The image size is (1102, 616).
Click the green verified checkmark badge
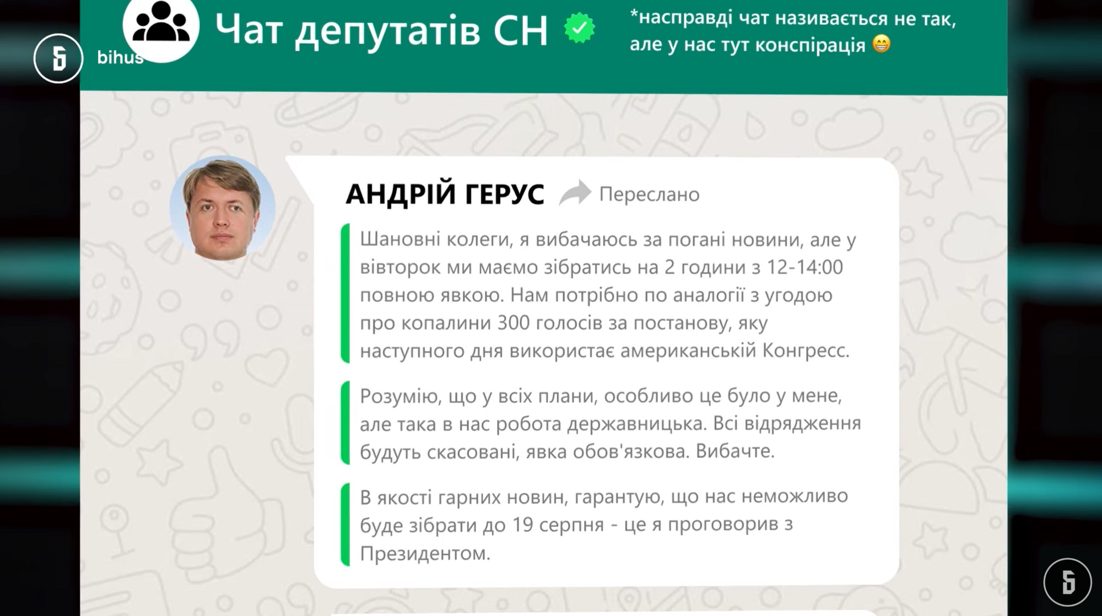[579, 29]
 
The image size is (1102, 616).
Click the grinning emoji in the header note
[882, 44]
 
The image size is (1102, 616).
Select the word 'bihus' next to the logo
[120, 57]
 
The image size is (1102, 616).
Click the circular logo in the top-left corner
[58, 58]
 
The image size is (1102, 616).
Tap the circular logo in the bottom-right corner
[1067, 582]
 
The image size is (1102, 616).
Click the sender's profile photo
[222, 208]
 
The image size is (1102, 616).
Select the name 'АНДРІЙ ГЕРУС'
[445, 194]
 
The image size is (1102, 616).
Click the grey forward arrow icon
[575, 193]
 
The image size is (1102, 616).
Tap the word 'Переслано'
[649, 194]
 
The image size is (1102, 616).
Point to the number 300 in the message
[514, 323]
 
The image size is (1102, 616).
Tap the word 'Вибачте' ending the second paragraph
[735, 451]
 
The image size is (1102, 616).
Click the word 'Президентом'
[425, 553]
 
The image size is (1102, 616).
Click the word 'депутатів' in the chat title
[387, 30]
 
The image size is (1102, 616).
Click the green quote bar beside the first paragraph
[345, 294]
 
